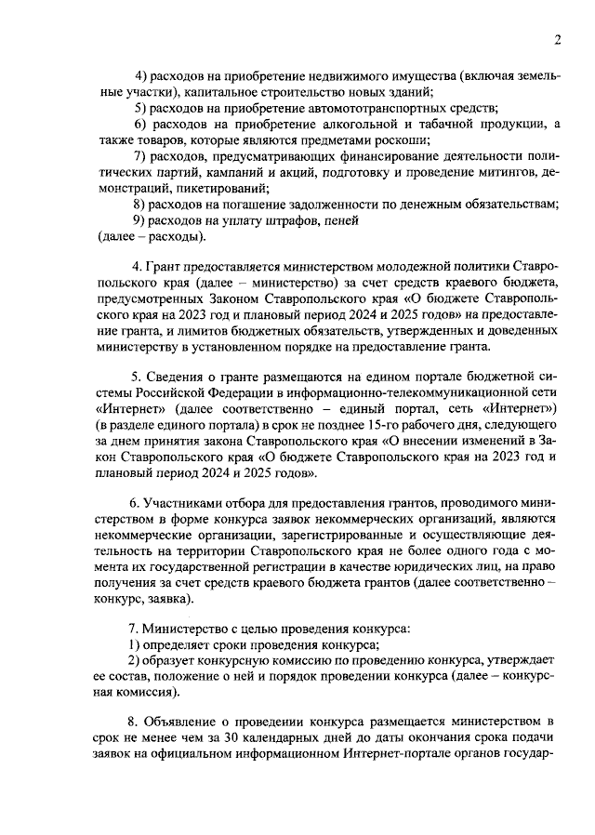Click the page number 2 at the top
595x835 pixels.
[556, 39]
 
